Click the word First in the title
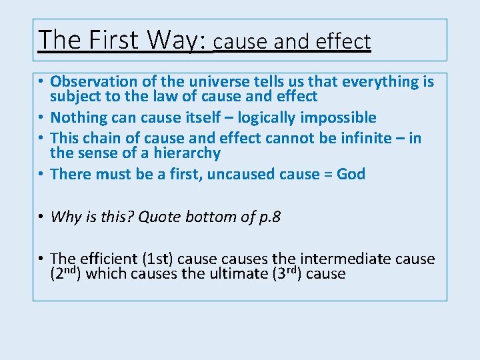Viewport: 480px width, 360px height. tap(111, 40)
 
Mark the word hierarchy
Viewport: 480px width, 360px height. tap(187, 153)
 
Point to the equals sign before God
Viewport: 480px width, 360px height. tap(328, 175)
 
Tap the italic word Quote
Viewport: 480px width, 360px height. tap(159, 217)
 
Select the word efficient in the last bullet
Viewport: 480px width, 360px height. tap(105, 259)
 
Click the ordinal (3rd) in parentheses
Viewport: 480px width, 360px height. tap(288, 273)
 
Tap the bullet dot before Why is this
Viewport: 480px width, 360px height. tap(41, 217)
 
